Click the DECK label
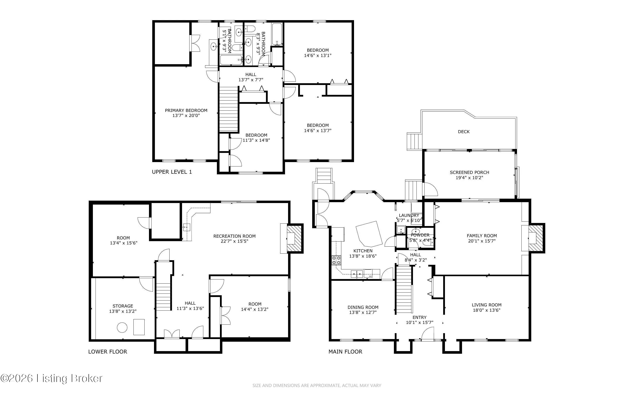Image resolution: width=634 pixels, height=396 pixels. [464, 132]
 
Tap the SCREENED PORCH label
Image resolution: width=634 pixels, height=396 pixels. [469, 172]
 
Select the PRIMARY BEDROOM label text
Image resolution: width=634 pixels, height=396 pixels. [186, 111]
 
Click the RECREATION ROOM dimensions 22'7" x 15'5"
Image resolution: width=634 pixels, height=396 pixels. [234, 241]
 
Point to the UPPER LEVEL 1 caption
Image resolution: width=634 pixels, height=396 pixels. [172, 172]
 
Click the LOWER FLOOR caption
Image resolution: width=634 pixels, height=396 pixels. [107, 352]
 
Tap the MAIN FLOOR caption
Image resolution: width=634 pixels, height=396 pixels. [345, 352]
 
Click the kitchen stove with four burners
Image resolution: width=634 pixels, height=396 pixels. [336, 260]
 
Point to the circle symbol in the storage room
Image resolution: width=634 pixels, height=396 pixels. [122, 328]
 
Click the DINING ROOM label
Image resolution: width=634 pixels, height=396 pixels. [363, 307]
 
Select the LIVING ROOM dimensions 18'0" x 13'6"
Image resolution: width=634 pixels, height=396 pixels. [487, 310]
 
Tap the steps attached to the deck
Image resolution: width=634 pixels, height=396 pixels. [414, 142]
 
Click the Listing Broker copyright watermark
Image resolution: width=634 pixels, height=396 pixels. [51, 378]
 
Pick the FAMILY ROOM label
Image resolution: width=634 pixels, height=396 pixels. [482, 236]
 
